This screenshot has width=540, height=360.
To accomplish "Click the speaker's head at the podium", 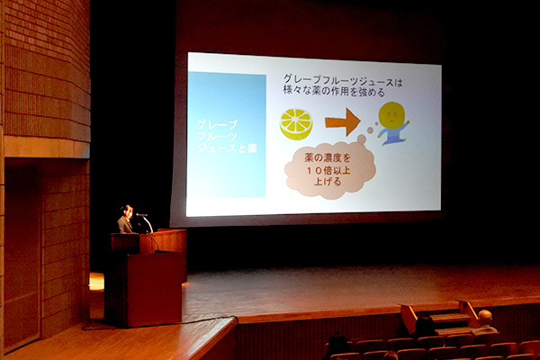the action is (x=127, y=211).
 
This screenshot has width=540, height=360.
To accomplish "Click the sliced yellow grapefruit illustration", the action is (x=296, y=123).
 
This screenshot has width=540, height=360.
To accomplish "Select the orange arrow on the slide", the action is (x=343, y=121).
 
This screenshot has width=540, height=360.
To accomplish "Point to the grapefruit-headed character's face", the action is (x=391, y=114).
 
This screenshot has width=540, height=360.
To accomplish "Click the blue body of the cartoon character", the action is (x=391, y=135).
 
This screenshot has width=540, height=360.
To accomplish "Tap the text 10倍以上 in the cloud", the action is (x=328, y=170).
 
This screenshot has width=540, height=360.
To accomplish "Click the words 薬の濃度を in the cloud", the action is (x=328, y=158).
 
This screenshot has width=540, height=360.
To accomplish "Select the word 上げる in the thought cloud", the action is (x=328, y=182).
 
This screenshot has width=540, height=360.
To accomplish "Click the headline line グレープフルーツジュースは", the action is (x=343, y=82).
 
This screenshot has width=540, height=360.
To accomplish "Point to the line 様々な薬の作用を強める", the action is (x=334, y=91).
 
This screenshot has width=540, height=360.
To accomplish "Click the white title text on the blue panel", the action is (x=227, y=137).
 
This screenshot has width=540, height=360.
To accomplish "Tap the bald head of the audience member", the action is (x=485, y=317).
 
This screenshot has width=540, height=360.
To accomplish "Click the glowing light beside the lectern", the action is (x=96, y=282).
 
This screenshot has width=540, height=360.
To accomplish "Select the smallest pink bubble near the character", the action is (x=376, y=124).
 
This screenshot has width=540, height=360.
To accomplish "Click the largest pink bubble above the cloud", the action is (x=362, y=139).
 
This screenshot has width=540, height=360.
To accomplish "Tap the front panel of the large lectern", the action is (x=154, y=289).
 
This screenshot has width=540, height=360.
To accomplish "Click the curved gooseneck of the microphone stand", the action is (x=148, y=223).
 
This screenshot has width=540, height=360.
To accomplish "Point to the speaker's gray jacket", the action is (x=125, y=225).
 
